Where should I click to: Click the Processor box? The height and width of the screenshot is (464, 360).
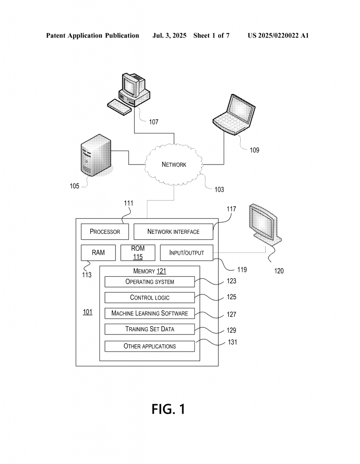tap(105, 232)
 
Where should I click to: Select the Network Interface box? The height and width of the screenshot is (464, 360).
tap(173, 232)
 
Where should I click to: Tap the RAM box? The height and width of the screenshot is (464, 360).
tap(98, 253)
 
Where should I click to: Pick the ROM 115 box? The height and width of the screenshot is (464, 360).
tap(138, 253)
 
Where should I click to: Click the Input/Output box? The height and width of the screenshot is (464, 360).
tap(186, 253)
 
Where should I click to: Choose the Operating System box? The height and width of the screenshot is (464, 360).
tap(150, 282)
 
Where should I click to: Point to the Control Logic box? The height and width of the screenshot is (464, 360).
tap(150, 297)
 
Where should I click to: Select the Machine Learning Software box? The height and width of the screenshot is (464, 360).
tap(150, 313)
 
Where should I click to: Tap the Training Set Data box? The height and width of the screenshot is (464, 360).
tap(150, 329)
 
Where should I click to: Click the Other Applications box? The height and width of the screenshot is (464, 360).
tap(150, 346)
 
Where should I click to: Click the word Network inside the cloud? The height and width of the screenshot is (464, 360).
tap(174, 164)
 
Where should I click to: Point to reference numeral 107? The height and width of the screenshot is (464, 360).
tap(154, 121)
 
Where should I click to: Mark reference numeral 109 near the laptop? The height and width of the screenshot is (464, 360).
tap(254, 150)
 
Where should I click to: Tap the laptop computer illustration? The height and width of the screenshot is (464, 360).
tap(234, 115)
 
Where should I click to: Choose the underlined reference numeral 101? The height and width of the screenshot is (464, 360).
tap(88, 312)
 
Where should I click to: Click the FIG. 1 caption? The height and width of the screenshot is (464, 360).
tap(169, 409)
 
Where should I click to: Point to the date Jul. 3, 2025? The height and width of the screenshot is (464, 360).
tap(169, 36)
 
